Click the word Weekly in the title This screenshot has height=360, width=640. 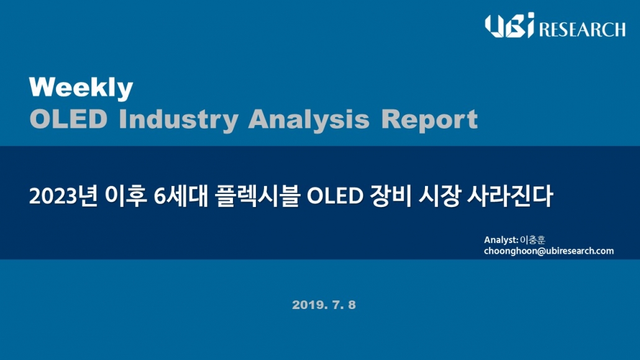(x=81, y=88)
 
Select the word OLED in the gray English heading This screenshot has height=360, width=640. (x=68, y=119)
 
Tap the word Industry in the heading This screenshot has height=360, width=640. (x=178, y=120)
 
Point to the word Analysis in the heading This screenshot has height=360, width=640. (x=309, y=120)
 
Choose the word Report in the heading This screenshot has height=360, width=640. (x=429, y=120)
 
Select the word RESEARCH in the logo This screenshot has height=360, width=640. (x=582, y=29)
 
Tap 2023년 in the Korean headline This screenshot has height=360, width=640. (x=63, y=196)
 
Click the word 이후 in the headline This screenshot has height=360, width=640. (x=126, y=196)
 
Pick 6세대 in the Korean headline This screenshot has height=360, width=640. (x=181, y=196)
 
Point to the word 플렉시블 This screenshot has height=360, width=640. (x=257, y=196)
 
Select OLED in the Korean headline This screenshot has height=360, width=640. (x=335, y=196)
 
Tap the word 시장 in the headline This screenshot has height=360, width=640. (x=439, y=196)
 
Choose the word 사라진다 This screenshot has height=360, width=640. (x=510, y=196)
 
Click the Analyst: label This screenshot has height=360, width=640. (x=501, y=240)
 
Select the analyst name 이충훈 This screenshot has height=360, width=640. (x=533, y=240)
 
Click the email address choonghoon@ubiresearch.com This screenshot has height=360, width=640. (x=549, y=251)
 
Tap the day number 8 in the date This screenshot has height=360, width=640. (x=352, y=305)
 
